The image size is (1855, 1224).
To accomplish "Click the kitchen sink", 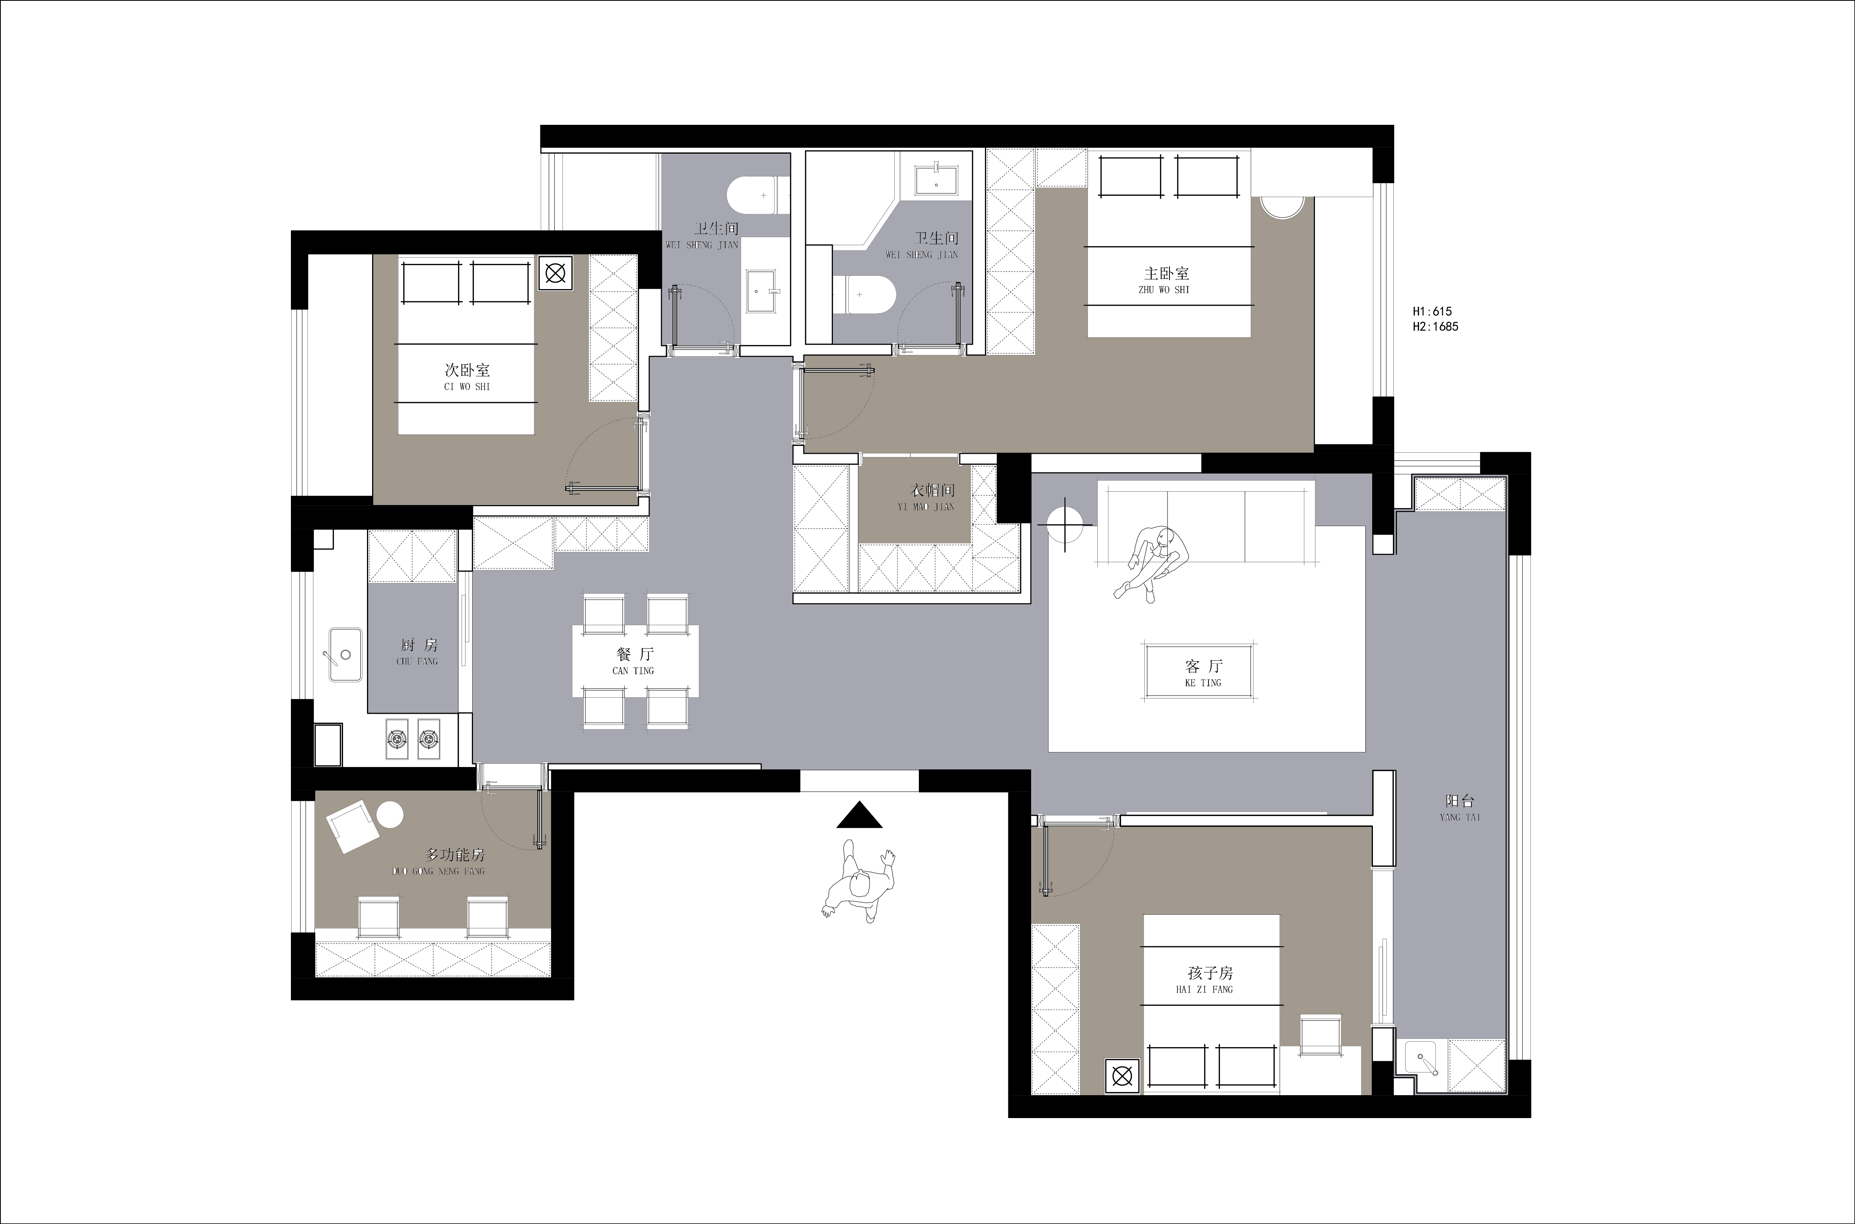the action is [x=345, y=654].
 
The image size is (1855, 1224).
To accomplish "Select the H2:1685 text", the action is [x=1436, y=327].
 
